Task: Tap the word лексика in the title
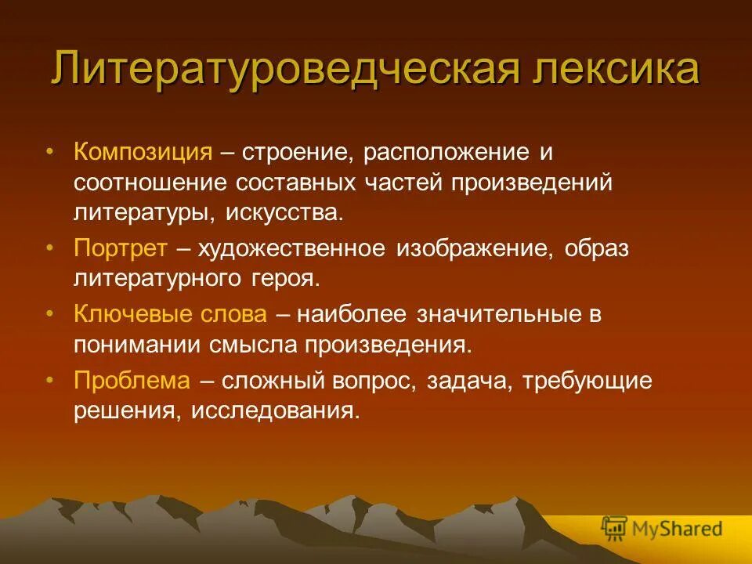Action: click(618, 70)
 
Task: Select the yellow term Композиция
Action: click(143, 152)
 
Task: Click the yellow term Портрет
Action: click(121, 249)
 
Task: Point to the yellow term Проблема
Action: click(132, 381)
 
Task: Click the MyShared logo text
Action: click(677, 529)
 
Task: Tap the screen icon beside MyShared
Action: click(615, 529)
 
